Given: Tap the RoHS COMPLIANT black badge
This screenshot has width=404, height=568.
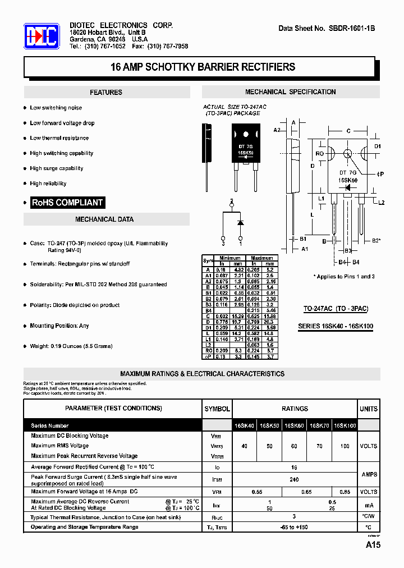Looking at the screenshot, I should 67,203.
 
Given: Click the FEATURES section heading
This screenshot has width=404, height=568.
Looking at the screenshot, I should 105,93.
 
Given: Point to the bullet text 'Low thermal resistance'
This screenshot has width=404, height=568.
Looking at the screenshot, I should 59,138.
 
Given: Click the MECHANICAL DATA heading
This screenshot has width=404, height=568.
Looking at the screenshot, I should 104,219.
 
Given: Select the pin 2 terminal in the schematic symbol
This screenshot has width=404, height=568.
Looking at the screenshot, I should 231,200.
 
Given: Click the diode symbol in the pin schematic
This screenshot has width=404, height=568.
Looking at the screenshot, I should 240,222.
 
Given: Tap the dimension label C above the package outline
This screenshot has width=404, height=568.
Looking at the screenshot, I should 348,131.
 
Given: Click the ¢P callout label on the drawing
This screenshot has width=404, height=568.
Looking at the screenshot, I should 380,174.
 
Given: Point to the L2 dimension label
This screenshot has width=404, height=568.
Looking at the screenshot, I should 382,202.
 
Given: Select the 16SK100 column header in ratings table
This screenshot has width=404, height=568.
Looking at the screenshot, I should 345,426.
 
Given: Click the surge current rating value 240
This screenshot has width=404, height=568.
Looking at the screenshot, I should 295,480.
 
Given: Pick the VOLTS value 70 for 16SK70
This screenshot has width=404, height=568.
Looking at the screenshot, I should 319,446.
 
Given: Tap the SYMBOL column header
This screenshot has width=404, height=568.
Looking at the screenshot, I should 217,409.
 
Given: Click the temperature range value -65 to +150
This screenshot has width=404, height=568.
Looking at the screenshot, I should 295,527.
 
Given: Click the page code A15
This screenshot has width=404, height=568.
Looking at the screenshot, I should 373,546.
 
